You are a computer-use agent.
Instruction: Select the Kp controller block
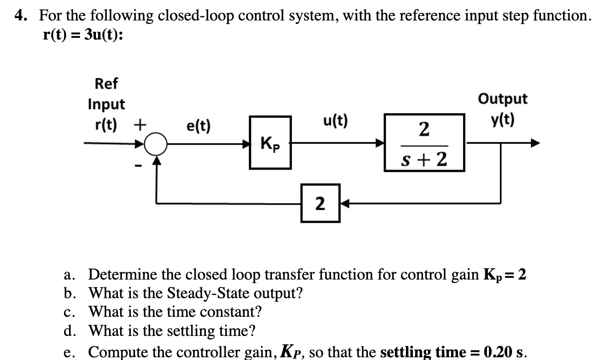(271, 143)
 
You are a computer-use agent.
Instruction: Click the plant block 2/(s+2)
(424, 143)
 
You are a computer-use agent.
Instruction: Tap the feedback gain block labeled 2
(320, 203)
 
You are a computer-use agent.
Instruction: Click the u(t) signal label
(335, 121)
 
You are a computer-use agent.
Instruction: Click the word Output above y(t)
(502, 99)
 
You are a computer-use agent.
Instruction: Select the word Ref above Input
(106, 84)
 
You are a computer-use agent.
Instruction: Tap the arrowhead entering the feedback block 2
(343, 203)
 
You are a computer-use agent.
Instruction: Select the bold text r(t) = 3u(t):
(82, 35)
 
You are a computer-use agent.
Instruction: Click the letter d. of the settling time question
(70, 331)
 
